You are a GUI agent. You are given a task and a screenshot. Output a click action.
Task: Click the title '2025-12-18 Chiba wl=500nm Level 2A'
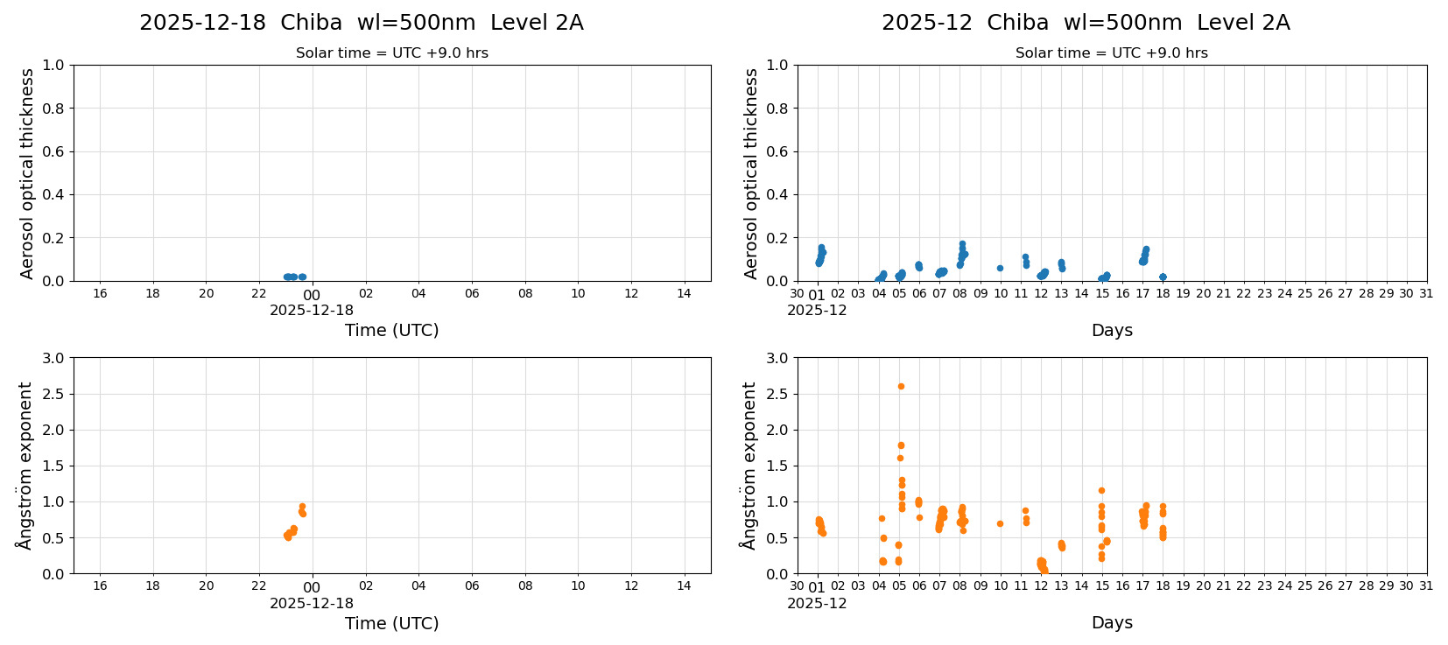[x=361, y=23]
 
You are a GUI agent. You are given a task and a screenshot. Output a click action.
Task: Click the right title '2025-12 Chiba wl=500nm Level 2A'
[x=1086, y=23]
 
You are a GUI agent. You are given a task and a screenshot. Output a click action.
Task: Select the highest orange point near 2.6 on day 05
[x=901, y=386]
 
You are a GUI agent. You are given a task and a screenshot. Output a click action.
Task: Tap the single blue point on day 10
[x=1000, y=268]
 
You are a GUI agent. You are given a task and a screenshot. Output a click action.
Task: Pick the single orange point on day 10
[x=1000, y=523]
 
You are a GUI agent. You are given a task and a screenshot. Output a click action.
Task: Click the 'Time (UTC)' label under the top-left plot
[x=391, y=330]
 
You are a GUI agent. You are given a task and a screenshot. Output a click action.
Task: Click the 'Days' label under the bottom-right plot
[x=1112, y=622]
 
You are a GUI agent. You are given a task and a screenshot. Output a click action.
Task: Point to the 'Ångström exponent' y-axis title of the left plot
[x=25, y=466]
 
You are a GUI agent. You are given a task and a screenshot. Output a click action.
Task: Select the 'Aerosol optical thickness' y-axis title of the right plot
[x=751, y=173]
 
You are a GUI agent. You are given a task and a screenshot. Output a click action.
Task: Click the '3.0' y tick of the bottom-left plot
[x=53, y=358]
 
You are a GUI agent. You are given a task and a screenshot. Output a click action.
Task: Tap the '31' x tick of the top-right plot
[x=1426, y=293]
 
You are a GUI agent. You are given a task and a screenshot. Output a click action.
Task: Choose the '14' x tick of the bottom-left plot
[x=684, y=585]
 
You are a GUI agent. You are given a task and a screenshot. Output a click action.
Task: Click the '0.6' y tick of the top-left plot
[x=53, y=151]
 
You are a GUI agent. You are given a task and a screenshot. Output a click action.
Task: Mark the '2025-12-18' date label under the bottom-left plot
[x=312, y=603]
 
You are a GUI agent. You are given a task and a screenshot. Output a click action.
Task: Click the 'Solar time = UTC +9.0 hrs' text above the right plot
[x=1111, y=53]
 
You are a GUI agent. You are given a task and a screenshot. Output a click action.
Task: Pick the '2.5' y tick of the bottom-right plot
[x=777, y=394]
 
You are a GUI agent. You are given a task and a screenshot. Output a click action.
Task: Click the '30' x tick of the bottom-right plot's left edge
[x=797, y=585]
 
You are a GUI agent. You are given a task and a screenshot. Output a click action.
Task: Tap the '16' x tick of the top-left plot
[x=100, y=293]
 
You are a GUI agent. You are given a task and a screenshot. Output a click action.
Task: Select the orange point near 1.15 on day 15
[x=1101, y=490]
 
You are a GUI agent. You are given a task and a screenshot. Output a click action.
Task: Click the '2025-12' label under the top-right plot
[x=817, y=310]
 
